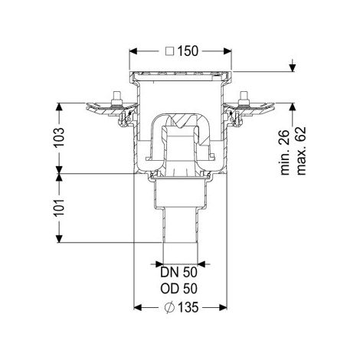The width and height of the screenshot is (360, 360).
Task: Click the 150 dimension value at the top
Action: (x=188, y=51)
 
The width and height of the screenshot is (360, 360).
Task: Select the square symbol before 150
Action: (x=170, y=51)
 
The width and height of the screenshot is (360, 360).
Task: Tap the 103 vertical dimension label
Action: (x=59, y=137)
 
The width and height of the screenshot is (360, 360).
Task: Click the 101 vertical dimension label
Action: (x=59, y=208)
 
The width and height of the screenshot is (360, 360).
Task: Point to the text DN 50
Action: (x=178, y=273)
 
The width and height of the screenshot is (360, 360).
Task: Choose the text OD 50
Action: (x=178, y=289)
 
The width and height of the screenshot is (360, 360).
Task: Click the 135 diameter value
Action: (x=188, y=307)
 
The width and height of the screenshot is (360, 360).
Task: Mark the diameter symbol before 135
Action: (x=169, y=308)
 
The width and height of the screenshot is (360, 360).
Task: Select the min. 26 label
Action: (x=285, y=152)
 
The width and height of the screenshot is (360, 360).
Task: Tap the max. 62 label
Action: (x=301, y=151)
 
